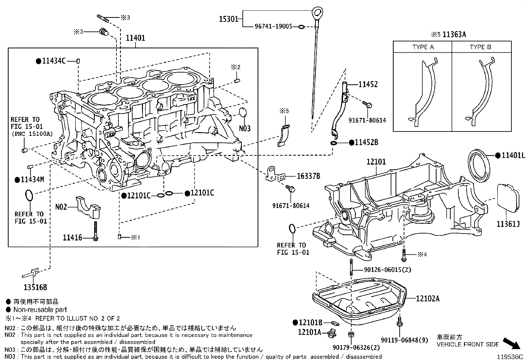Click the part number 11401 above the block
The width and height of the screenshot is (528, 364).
[x=135, y=38]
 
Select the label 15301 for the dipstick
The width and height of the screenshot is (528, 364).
[x=229, y=19]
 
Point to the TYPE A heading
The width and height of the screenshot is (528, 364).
[x=423, y=47]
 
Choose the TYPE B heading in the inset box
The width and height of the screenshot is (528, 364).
[x=480, y=47]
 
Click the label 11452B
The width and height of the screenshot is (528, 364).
[x=366, y=142]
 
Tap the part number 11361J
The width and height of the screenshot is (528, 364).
[x=508, y=224]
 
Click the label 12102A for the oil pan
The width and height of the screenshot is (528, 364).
[x=428, y=298]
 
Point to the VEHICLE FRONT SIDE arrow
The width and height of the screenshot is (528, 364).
[x=511, y=343]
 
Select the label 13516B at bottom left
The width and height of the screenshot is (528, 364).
[x=35, y=287]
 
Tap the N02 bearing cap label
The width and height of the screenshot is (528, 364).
[x=61, y=207]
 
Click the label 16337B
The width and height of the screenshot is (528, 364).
[x=308, y=176]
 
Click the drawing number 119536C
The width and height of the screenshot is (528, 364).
[x=509, y=357]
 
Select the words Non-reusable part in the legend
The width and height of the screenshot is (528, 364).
[x=40, y=310]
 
